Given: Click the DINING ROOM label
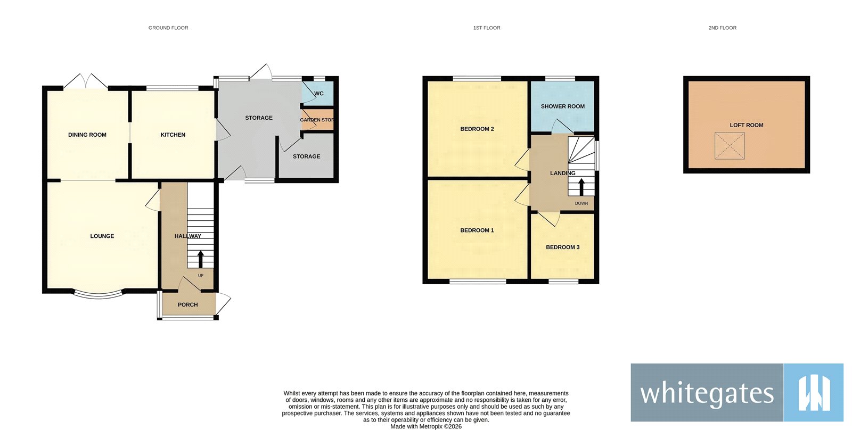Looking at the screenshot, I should click(87, 135).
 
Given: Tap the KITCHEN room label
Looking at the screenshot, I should click(173, 135).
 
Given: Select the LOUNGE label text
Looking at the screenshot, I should click(102, 236).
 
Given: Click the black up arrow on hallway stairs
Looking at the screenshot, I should click(201, 259).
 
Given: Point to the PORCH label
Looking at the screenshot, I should click(187, 305).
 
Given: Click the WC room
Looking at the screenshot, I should click(318, 94).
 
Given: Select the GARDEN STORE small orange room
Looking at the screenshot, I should click(317, 120).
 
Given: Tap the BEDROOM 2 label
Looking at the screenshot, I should click(477, 129).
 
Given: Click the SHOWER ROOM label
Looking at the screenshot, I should click(562, 106).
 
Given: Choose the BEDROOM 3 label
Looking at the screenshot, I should click(562, 247).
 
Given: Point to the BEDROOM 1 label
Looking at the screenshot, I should click(477, 230).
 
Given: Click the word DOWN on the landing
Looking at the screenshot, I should click(581, 203).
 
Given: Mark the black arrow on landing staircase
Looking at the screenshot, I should click(581, 187).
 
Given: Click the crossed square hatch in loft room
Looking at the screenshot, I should click(730, 146).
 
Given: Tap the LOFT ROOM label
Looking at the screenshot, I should click(746, 125).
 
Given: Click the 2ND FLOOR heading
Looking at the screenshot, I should click(722, 28).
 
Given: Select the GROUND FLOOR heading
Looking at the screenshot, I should click(168, 28).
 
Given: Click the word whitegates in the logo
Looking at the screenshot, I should click(707, 394).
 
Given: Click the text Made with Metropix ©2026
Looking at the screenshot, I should click(426, 426).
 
